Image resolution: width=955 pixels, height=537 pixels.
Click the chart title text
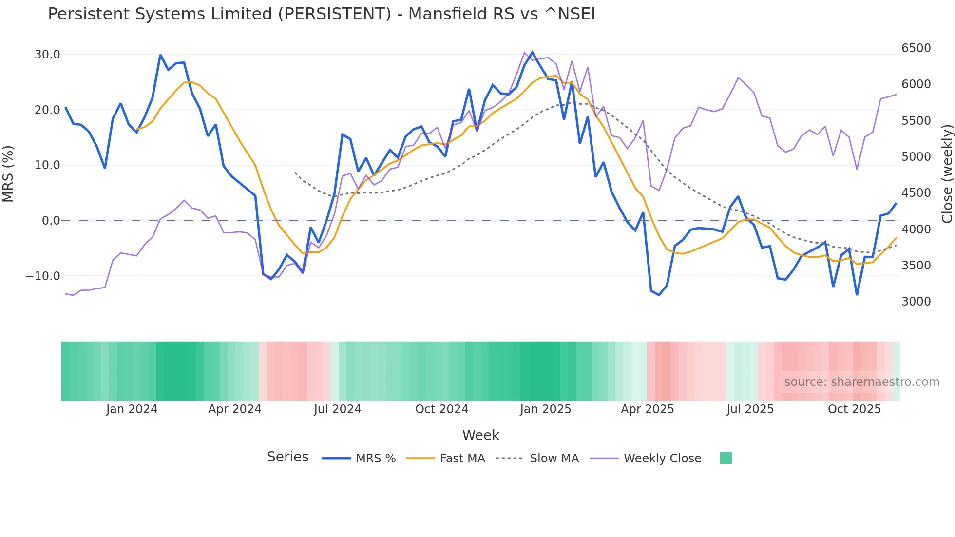tap(322, 14)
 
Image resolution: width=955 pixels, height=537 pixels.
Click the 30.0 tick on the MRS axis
tap(47, 55)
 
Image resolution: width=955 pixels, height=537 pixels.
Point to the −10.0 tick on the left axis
tap(43, 276)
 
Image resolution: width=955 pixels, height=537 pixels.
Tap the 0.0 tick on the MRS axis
tap(51, 221)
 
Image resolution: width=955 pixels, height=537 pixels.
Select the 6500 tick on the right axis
tap(916, 48)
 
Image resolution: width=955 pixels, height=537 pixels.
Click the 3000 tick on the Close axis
tap(916, 302)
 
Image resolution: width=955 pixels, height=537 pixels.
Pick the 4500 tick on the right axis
tap(916, 193)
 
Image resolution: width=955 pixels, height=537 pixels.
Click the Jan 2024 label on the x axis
tap(132, 409)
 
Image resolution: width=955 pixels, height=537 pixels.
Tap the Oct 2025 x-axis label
tap(854, 409)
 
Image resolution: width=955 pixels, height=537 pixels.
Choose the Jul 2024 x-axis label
tap(337, 409)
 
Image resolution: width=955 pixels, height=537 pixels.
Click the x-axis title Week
tap(480, 435)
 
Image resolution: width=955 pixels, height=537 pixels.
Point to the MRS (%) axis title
tap(8, 173)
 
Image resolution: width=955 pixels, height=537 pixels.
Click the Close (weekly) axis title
tap(947, 173)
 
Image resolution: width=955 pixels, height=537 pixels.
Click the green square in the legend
tap(726, 458)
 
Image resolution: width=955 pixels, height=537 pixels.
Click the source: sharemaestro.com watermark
tap(861, 382)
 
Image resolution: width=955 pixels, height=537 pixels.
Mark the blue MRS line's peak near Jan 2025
tap(532, 52)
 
